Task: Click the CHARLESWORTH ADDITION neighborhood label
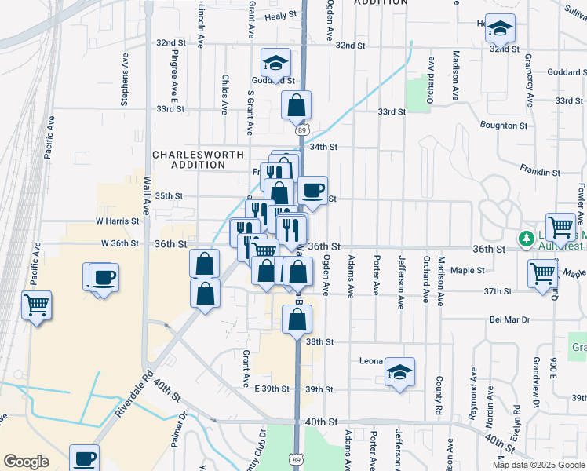coord(198,160)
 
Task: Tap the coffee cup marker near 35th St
coord(312,191)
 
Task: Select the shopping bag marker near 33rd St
coord(296,105)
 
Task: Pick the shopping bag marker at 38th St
coord(297,319)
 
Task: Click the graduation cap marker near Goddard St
coord(275,63)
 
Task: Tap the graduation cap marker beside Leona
coord(399,372)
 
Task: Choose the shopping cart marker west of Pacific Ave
coord(37,305)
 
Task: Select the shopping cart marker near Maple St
coord(543,275)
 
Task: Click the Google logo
coord(26,462)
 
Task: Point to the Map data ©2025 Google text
coord(538,465)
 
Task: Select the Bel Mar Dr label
coord(510,320)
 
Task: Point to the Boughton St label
coord(503,126)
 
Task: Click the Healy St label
coord(281,16)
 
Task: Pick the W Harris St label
coord(116,221)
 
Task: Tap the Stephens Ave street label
coord(124,79)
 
